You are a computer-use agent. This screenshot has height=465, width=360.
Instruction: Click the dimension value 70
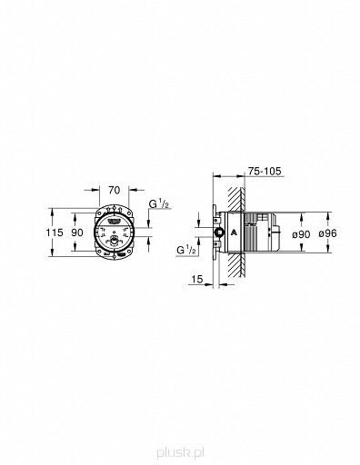[114, 191]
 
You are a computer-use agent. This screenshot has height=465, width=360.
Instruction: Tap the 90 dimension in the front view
[78, 232]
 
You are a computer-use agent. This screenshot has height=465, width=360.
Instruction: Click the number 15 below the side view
[197, 279]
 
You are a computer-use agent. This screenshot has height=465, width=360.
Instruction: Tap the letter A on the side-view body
[235, 233]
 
